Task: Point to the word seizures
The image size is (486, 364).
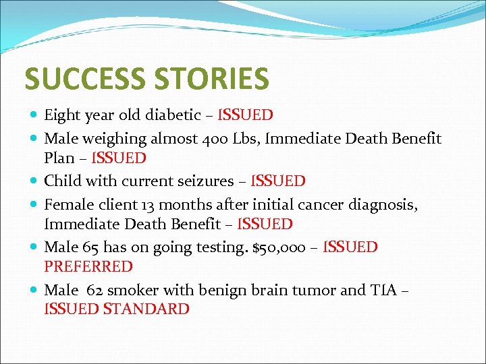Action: pyautogui.click(x=205, y=181)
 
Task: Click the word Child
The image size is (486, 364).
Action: pyautogui.click(x=61, y=181)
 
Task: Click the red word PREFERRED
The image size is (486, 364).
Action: pyautogui.click(x=88, y=267)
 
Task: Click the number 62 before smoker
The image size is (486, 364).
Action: pyautogui.click(x=95, y=291)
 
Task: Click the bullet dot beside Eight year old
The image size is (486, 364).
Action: pyautogui.click(x=34, y=116)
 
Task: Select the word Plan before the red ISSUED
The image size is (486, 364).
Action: pyautogui.click(x=59, y=158)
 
